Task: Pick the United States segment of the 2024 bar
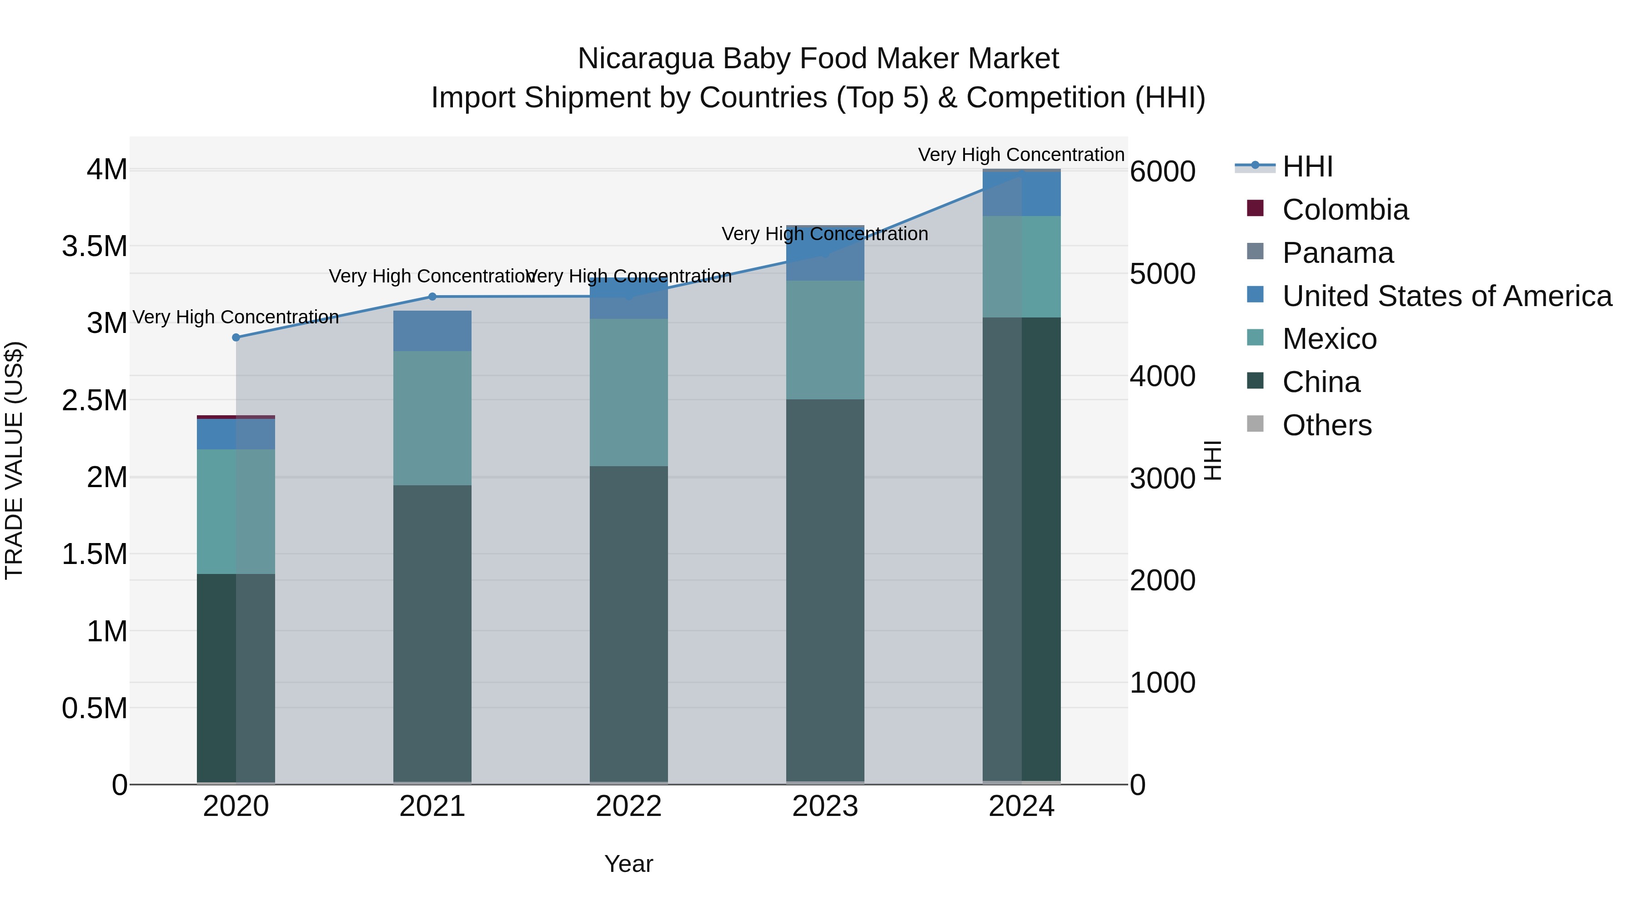tap(1021, 194)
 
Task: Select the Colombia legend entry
tap(1345, 210)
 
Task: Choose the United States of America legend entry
tap(1446, 296)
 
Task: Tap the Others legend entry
tap(1326, 425)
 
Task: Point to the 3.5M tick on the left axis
tap(95, 247)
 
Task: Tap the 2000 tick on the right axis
tap(1162, 580)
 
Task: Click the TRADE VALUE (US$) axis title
tap(14, 460)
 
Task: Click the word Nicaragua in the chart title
tap(648, 59)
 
